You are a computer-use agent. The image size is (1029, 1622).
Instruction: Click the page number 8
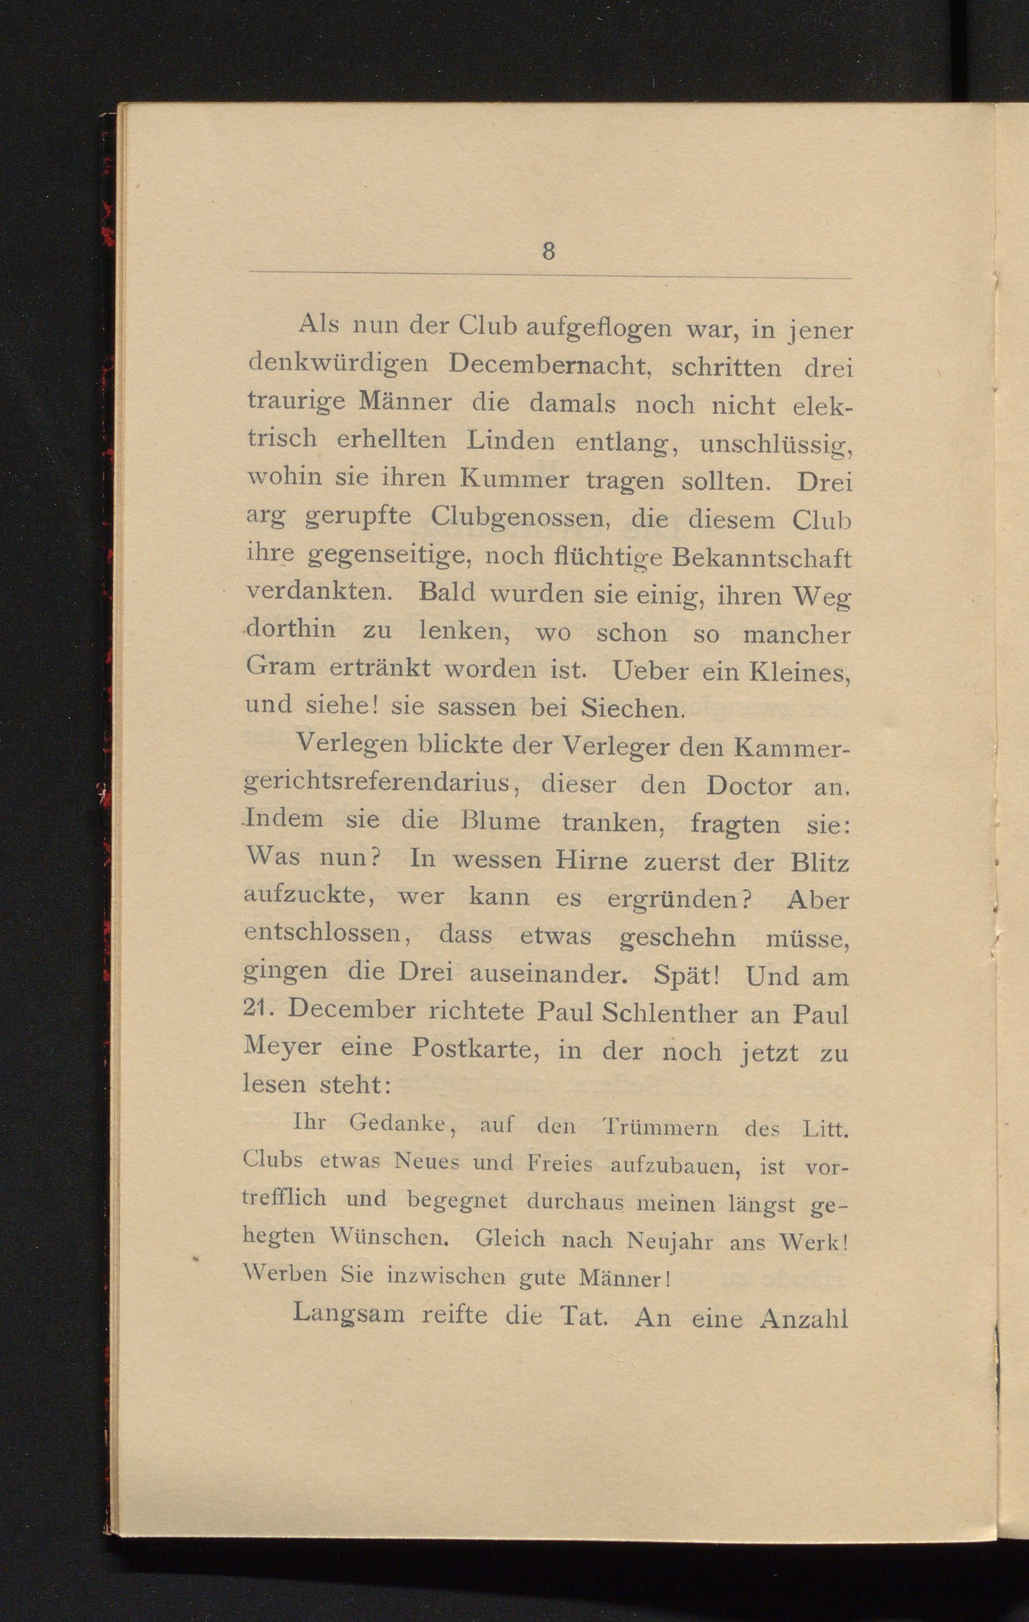click(548, 251)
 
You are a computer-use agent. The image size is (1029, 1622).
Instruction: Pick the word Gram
click(281, 667)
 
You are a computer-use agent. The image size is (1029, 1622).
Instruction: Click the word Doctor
click(749, 786)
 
